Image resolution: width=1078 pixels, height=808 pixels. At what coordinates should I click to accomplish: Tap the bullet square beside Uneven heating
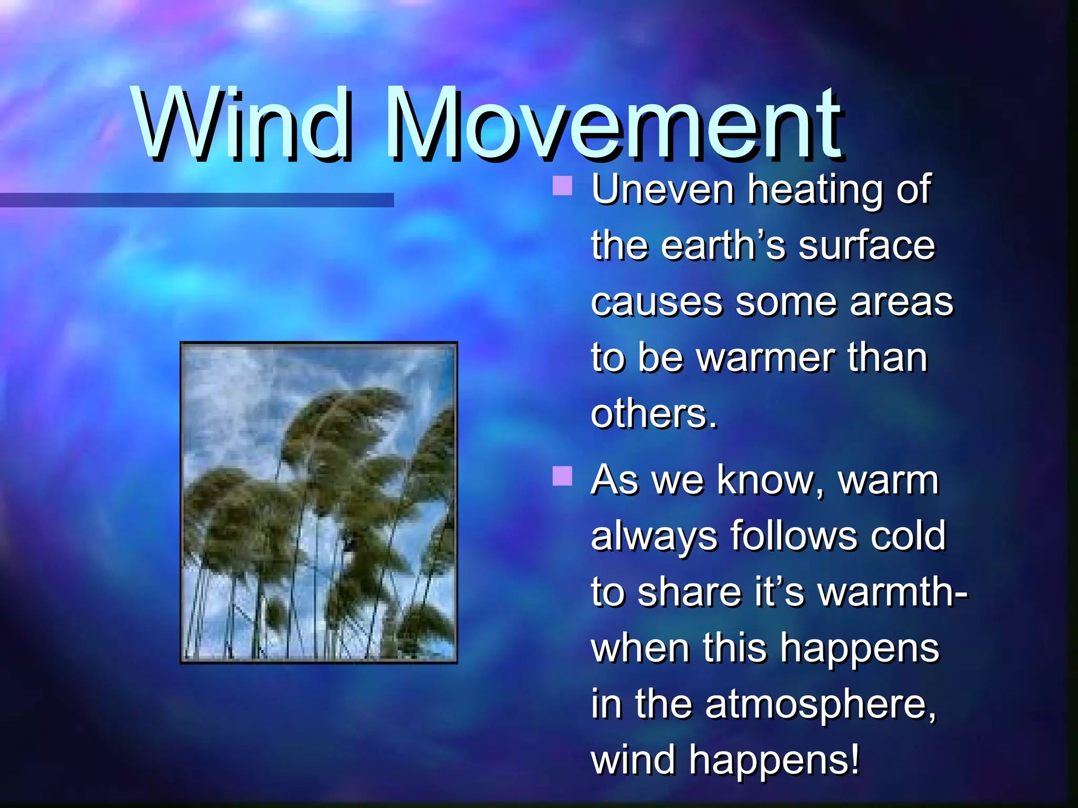coord(562,185)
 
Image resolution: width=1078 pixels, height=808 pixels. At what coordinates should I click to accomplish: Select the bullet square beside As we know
coord(562,476)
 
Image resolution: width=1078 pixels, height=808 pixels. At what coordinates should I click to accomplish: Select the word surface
coord(866,246)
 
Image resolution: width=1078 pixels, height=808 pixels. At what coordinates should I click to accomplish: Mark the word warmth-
coord(893,592)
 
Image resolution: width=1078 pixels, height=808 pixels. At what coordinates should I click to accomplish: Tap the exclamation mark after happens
coord(854,760)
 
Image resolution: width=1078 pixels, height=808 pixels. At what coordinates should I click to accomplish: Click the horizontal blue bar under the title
coord(196,200)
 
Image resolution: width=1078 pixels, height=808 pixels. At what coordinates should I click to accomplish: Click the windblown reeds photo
coord(318,502)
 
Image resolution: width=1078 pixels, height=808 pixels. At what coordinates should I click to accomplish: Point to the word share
coord(690,592)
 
